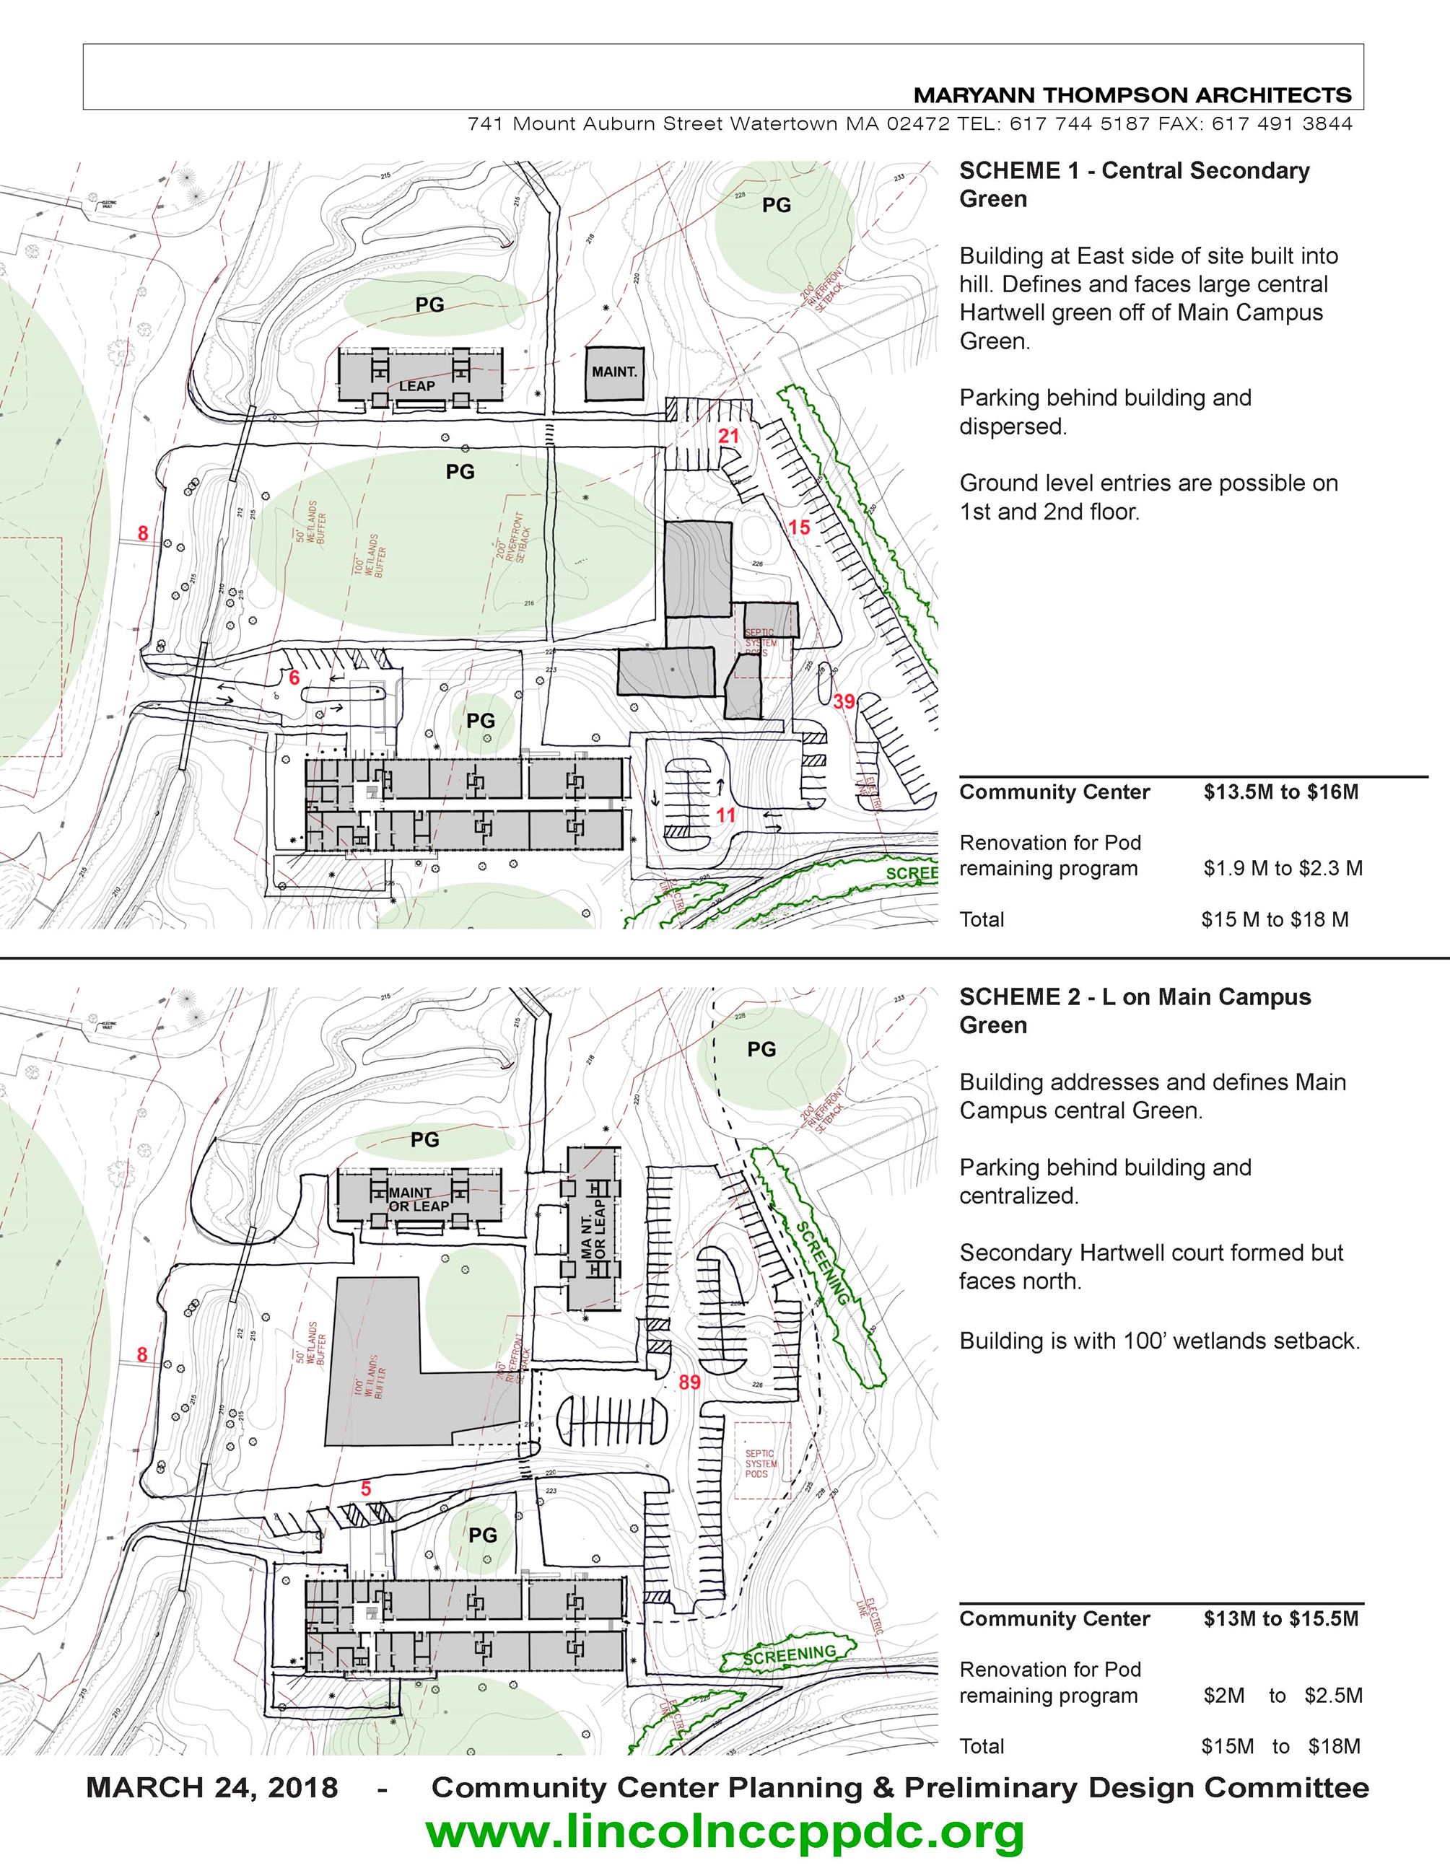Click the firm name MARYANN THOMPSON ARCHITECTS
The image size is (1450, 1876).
[1132, 95]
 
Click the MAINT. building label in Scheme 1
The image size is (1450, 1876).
[614, 372]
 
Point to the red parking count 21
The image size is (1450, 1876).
[728, 436]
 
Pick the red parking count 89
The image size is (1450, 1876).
[689, 1382]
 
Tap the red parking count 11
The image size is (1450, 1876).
[726, 815]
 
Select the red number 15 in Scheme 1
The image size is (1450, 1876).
[799, 527]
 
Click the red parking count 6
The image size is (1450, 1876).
[294, 678]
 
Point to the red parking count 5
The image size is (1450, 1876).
[366, 1489]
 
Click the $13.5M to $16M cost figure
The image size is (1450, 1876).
[1281, 792]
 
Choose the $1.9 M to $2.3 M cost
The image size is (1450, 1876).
[1283, 869]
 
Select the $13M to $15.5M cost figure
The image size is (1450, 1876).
[1281, 1619]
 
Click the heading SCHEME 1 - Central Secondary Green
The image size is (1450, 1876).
[1134, 184]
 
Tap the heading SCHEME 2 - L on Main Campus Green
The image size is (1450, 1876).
[1135, 1010]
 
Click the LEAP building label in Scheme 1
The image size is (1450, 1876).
[416, 387]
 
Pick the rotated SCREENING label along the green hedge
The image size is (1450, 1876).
[823, 1263]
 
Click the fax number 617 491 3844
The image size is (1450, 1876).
[1282, 123]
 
